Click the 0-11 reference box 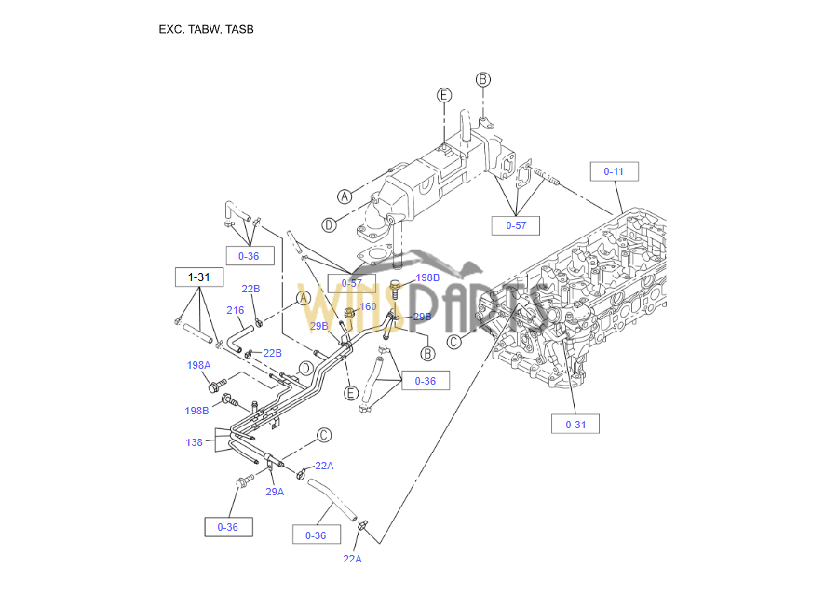click(614, 171)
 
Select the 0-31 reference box click(575, 425)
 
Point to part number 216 click(235, 311)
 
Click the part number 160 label click(368, 306)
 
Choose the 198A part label click(198, 366)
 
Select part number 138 click(194, 442)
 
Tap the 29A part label click(274, 492)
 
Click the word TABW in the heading click(204, 29)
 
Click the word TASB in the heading click(239, 29)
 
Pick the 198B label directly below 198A click(196, 411)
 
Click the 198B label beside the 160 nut click(427, 277)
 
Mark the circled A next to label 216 click(303, 298)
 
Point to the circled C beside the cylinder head click(454, 342)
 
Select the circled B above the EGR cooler click(482, 79)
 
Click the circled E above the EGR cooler click(444, 95)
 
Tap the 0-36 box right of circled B click(425, 381)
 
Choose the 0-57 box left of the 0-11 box click(516, 225)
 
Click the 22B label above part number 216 click(250, 289)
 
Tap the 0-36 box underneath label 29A click(228, 527)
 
